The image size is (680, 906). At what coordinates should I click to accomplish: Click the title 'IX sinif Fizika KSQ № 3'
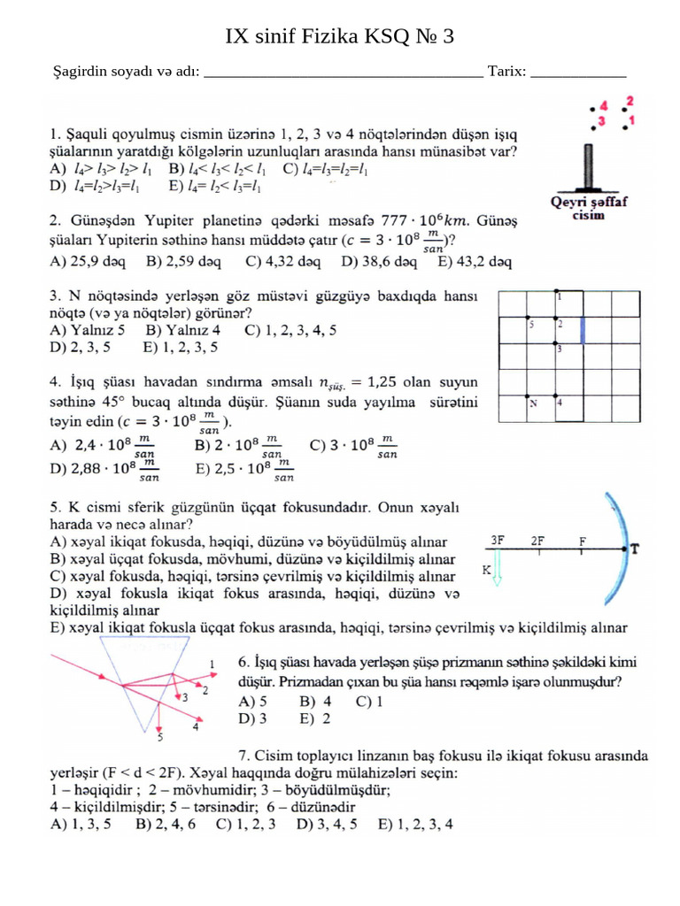pos(340,36)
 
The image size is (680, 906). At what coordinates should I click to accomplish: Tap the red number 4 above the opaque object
pos(604,104)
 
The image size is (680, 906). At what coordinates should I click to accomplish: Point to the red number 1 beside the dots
pos(631,119)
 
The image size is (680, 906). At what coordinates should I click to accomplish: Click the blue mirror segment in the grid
pos(583,331)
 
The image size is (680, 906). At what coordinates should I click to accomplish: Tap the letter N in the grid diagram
pos(533,403)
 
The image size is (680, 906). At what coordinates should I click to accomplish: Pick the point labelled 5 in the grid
pos(531,324)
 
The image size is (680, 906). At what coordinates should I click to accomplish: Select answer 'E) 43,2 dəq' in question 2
pos(475,262)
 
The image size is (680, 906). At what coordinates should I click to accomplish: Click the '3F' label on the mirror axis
pos(498,539)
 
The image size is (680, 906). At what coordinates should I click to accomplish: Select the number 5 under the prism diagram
pos(159,736)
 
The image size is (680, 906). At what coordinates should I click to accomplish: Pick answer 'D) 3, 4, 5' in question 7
pos(328,825)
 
